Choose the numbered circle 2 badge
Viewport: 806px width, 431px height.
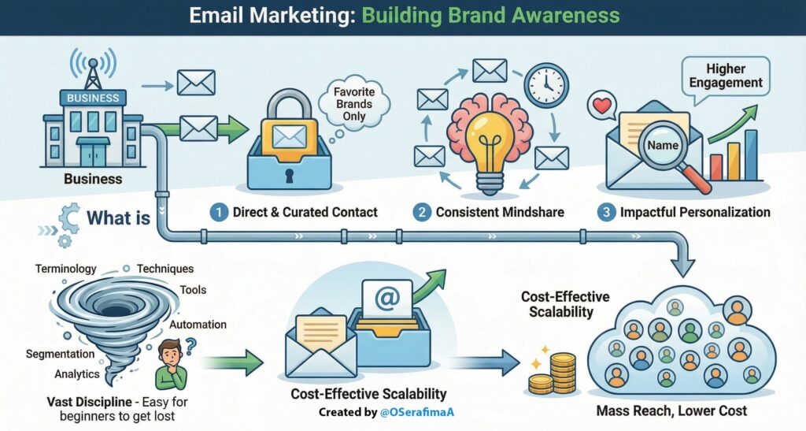pos(422,212)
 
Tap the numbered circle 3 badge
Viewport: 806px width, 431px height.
pos(605,212)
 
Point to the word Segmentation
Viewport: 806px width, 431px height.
pos(61,354)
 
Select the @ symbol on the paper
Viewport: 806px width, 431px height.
pos(386,300)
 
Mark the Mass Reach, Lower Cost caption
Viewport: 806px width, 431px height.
pos(671,411)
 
